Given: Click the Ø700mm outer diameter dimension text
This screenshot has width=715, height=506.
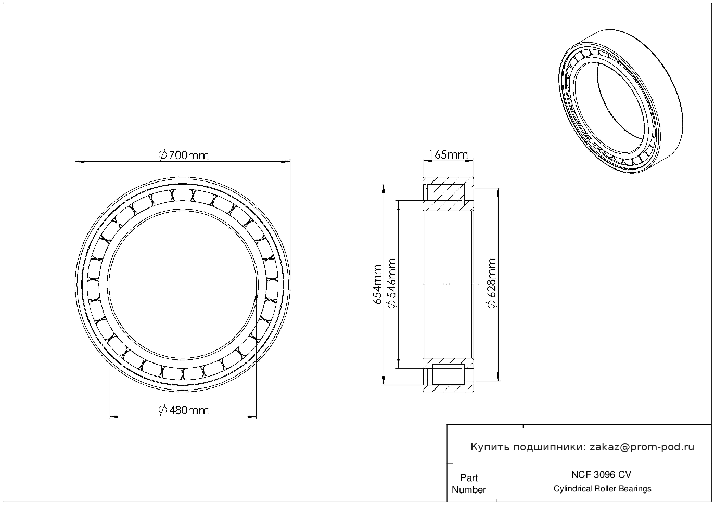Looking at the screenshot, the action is (x=184, y=155).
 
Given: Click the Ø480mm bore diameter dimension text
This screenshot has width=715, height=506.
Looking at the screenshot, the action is (x=184, y=410).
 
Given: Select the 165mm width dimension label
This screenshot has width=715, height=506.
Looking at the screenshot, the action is (x=448, y=155).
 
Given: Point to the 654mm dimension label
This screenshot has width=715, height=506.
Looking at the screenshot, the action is (x=377, y=284).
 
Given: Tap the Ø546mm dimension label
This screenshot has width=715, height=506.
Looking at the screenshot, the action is (x=391, y=283).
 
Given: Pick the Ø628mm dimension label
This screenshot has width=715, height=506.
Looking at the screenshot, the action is (x=492, y=283).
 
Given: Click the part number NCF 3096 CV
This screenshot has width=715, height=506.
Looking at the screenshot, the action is (x=602, y=475).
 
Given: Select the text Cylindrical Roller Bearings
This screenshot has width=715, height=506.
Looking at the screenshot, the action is (x=602, y=489).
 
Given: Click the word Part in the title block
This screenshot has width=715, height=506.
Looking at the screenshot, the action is (x=469, y=477).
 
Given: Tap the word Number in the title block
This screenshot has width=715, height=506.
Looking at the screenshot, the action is (x=469, y=490).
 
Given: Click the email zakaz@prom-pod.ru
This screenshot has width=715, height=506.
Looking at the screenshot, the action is (x=642, y=447).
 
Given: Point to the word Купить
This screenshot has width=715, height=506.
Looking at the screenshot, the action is (x=490, y=447).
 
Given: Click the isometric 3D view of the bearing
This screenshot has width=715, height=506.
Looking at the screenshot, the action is (x=621, y=101).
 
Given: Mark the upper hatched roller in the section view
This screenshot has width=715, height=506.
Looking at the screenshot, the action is (x=448, y=194).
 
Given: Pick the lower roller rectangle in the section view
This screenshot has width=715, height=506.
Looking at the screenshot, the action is (x=448, y=374).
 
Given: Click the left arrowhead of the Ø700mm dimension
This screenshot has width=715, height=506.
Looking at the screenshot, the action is (x=80, y=162).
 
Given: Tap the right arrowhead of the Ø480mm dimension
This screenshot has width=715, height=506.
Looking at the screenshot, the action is (x=252, y=417).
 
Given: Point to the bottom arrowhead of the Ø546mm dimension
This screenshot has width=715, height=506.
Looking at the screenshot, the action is (x=399, y=364).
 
